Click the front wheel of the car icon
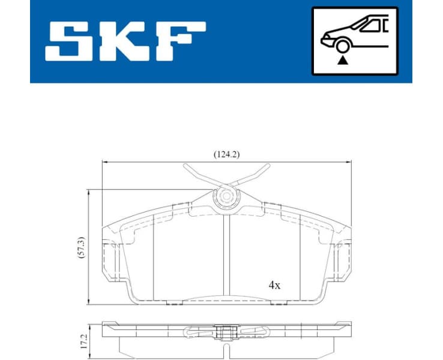tap(343, 46)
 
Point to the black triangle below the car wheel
tap(343, 60)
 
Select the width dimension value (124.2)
tap(226, 154)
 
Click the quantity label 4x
tap(274, 286)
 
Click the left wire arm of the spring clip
tap(197, 176)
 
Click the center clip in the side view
tap(226, 331)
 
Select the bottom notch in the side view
tap(226, 349)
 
